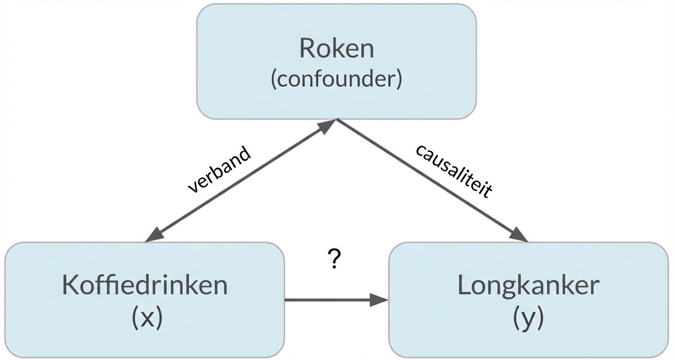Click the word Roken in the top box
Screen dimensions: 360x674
click(336, 48)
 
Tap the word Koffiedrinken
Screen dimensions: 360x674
click(145, 286)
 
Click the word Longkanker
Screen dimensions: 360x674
click(528, 286)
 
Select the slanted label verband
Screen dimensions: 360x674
click(219, 169)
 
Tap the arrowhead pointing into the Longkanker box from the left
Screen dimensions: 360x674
click(380, 300)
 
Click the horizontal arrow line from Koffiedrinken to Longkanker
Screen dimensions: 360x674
click(330, 300)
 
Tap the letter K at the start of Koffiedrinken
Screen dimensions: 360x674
click(70, 286)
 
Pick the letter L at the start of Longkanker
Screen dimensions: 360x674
click(464, 286)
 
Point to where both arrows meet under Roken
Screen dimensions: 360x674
click(337, 120)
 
